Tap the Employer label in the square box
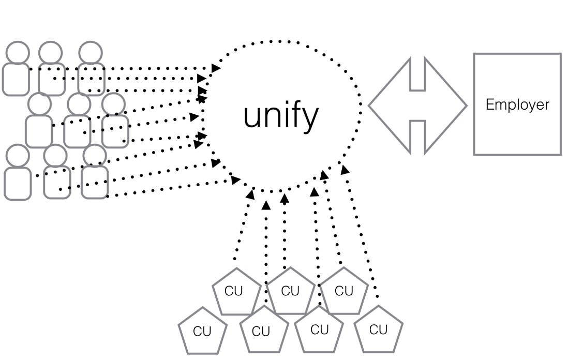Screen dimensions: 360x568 click(517, 105)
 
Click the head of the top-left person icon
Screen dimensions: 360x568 click(18, 53)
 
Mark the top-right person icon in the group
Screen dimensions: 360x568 click(91, 70)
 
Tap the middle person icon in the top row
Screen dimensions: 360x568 click(51, 70)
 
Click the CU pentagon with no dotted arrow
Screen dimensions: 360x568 click(202, 331)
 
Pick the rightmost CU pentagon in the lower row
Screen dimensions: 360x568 click(379, 329)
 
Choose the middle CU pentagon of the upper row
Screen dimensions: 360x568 click(290, 291)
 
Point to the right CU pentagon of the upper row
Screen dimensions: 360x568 click(344, 291)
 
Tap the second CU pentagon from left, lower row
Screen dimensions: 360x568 click(261, 331)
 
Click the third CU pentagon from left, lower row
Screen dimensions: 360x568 click(319, 329)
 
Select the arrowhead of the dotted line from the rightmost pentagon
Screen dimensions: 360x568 click(344, 169)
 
